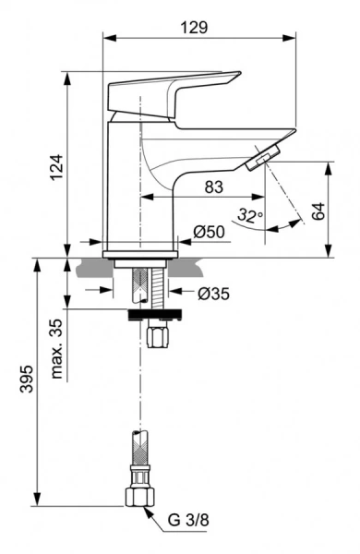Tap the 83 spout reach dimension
tap(213, 187)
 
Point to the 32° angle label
tap(249, 216)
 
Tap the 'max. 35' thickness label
tap(57, 349)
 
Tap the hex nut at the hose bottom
tap(138, 496)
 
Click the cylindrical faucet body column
tap(125, 185)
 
